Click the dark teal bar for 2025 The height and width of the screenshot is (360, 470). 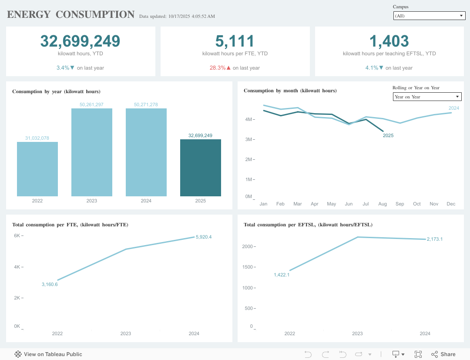[200, 168]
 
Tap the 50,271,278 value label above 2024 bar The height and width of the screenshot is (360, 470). [146, 104]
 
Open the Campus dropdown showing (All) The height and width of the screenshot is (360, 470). [429, 16]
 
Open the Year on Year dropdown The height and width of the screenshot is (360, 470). [426, 97]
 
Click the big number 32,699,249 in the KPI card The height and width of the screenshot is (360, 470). [80, 41]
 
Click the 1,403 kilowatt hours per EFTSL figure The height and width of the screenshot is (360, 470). [389, 41]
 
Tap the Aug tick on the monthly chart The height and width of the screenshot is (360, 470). [383, 204]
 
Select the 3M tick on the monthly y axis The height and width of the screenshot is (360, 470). [248, 139]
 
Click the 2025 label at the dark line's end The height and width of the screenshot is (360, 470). [388, 135]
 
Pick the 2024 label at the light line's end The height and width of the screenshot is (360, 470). [454, 108]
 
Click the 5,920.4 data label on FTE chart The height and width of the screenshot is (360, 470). [204, 237]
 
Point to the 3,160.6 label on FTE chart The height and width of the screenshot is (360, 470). [50, 284]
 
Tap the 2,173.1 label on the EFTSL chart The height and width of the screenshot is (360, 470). [434, 239]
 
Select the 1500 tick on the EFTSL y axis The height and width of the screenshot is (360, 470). [247, 267]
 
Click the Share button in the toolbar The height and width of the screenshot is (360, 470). [443, 354]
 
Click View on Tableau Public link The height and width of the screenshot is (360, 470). [48, 354]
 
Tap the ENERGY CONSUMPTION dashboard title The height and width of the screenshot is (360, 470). [70, 14]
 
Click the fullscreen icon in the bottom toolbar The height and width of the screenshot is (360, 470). [418, 354]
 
